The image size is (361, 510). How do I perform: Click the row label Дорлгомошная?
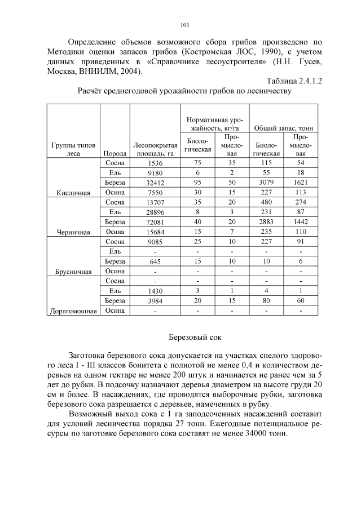[x=73, y=311]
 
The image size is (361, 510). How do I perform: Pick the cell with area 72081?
[x=154, y=222]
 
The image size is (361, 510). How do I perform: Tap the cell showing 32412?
[x=154, y=183]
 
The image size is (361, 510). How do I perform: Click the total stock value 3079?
[x=266, y=183]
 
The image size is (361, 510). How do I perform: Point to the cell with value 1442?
[x=301, y=222]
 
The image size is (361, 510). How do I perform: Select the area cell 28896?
[x=154, y=212]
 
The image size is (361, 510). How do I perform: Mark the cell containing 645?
[x=154, y=261]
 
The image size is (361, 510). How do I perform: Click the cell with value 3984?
[x=154, y=300]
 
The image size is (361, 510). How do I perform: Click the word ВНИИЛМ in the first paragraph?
[x=105, y=72]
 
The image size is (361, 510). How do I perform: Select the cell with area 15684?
[x=154, y=232]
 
